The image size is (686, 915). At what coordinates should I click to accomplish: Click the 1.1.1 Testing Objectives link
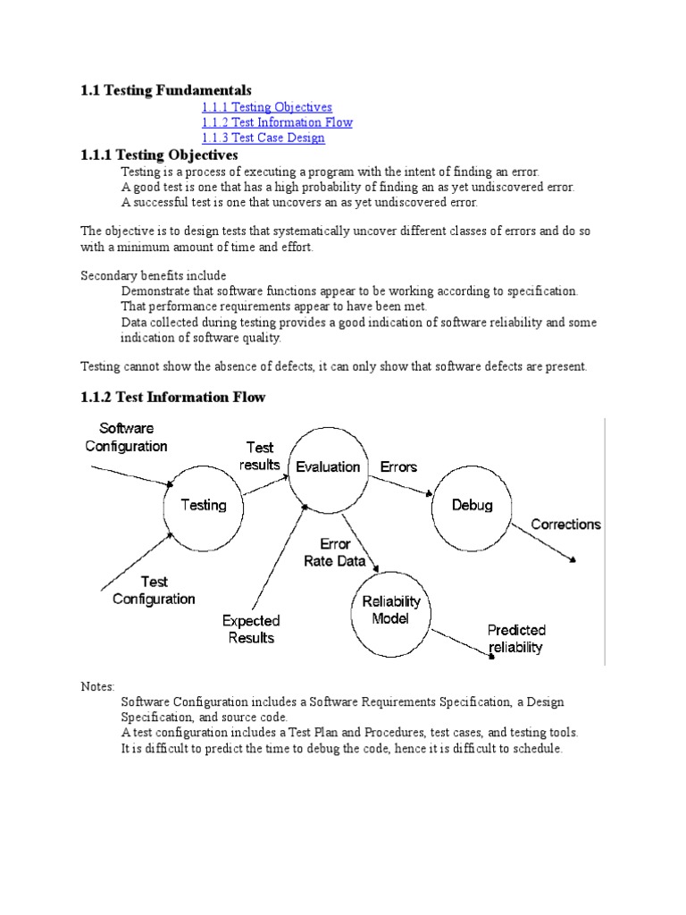pos(266,107)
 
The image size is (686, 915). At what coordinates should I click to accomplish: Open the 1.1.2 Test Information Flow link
pos(277,122)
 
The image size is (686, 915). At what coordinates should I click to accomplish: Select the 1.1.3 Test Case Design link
pos(263,138)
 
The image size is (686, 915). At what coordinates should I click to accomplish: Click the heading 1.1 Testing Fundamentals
pos(166,90)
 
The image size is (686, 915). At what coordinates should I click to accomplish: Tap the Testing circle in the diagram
pos(204,506)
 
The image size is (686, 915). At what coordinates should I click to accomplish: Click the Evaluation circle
pos(328,466)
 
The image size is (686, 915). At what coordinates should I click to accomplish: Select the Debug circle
pos(472,506)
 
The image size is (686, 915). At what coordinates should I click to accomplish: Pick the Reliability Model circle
pos(390,611)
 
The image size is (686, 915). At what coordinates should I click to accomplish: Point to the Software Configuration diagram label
pos(126,437)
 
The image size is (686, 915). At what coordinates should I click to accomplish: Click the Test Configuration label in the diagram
pos(154,590)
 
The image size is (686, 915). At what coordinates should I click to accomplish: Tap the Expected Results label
pos(251,629)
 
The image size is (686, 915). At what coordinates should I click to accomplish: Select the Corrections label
pos(566,525)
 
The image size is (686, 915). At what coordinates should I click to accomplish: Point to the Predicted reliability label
pos(516,639)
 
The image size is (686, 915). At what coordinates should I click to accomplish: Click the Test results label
pos(260,456)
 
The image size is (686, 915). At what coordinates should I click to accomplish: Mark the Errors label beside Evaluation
pos(398,466)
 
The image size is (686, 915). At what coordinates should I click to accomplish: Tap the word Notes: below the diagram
pos(97,686)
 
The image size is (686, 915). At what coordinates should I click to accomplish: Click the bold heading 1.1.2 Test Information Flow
pos(173,397)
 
